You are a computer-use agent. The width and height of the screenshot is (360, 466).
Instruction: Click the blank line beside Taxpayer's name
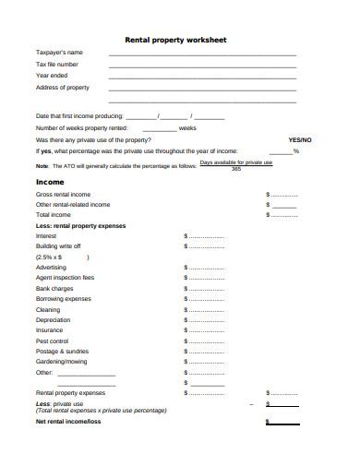point(203,54)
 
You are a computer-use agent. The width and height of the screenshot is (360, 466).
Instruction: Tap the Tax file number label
point(56,65)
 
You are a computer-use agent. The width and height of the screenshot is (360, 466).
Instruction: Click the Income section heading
point(49,183)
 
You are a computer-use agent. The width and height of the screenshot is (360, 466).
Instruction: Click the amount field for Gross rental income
point(282,195)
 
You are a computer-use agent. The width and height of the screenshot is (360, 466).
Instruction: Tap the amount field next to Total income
point(282,215)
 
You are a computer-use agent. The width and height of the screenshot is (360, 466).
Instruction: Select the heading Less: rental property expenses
point(80,225)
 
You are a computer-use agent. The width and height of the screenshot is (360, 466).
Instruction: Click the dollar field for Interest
point(204,236)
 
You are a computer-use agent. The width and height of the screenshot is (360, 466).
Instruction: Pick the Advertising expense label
point(51,267)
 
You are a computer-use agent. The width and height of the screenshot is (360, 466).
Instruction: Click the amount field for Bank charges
point(204,288)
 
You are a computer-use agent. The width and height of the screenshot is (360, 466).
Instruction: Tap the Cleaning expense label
point(48,309)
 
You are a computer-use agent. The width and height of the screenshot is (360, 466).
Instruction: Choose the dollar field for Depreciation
point(204,320)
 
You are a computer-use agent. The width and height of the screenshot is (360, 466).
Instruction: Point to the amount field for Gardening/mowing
point(204,362)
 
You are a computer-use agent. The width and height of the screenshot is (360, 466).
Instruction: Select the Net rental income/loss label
point(67,422)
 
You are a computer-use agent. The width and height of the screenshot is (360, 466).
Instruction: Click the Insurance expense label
point(49,330)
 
